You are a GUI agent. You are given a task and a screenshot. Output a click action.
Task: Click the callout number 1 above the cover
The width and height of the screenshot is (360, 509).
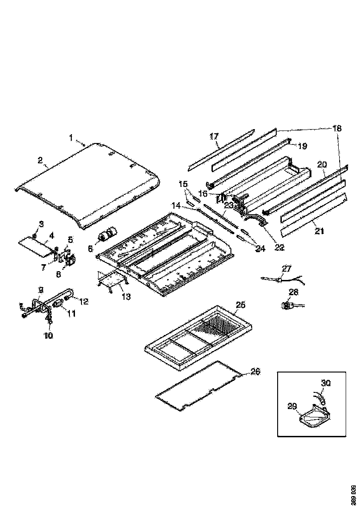71,137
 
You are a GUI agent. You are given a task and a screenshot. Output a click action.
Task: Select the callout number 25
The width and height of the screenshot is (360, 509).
240,305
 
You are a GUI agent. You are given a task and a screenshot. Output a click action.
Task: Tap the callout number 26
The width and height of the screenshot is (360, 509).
255,372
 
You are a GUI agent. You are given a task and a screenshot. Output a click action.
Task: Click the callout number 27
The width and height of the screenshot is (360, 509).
287,268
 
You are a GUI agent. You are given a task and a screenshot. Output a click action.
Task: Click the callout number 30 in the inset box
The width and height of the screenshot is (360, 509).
326,383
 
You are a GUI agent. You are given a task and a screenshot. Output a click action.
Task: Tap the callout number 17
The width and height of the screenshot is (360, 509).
214,136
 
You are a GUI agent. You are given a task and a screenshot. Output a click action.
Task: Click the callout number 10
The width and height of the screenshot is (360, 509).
49,335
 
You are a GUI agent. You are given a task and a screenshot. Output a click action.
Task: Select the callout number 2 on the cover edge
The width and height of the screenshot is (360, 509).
40,161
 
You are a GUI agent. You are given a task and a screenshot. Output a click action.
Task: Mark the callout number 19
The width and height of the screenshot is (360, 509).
302,146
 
